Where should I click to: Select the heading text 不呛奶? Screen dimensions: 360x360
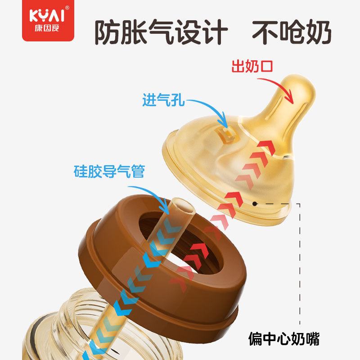pos(291,31)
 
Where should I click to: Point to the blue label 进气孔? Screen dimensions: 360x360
pos(163,100)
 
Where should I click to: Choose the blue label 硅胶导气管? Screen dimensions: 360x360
pos(109,171)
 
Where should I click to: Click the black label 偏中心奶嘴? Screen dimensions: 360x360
pos(284,339)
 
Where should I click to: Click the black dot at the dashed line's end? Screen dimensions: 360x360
pos(255,204)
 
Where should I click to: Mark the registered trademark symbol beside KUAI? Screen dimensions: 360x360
pos(67,8)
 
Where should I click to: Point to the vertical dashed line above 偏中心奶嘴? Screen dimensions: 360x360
pos(299,265)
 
